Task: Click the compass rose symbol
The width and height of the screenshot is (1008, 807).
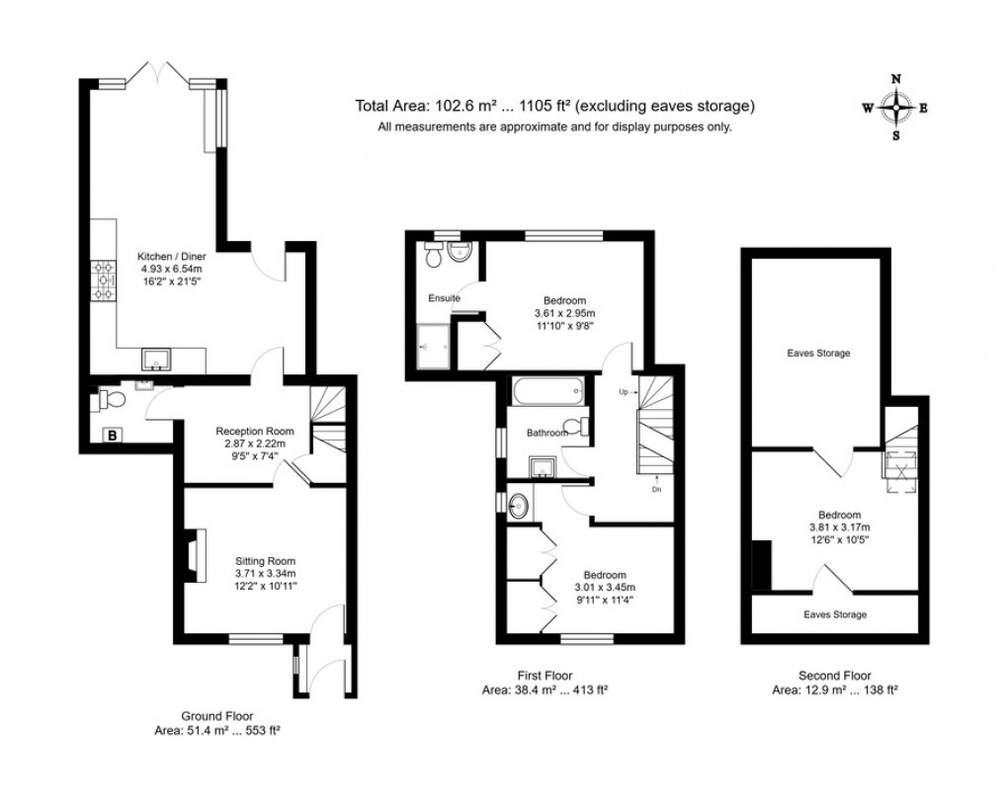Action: (895, 108)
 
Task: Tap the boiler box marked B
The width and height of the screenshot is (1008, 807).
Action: (113, 435)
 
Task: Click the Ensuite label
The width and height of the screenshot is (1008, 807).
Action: (444, 297)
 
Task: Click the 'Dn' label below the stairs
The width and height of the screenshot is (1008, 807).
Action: (656, 489)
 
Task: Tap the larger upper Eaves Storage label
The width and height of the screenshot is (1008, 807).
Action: (818, 353)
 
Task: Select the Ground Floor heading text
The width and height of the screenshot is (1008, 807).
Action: (217, 715)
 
